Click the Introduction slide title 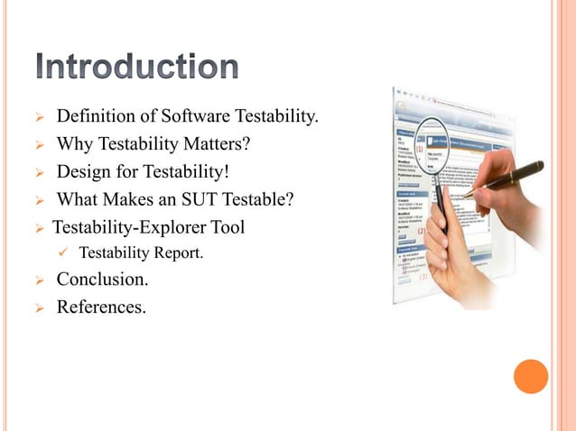pyautogui.click(x=139, y=68)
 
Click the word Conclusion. pyautogui.click(x=102, y=280)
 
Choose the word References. pyautogui.click(x=100, y=307)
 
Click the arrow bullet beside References pyautogui.click(x=39, y=308)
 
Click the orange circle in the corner pyautogui.click(x=531, y=377)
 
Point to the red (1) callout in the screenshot pyautogui.click(x=419, y=149)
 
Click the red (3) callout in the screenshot pyautogui.click(x=423, y=277)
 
